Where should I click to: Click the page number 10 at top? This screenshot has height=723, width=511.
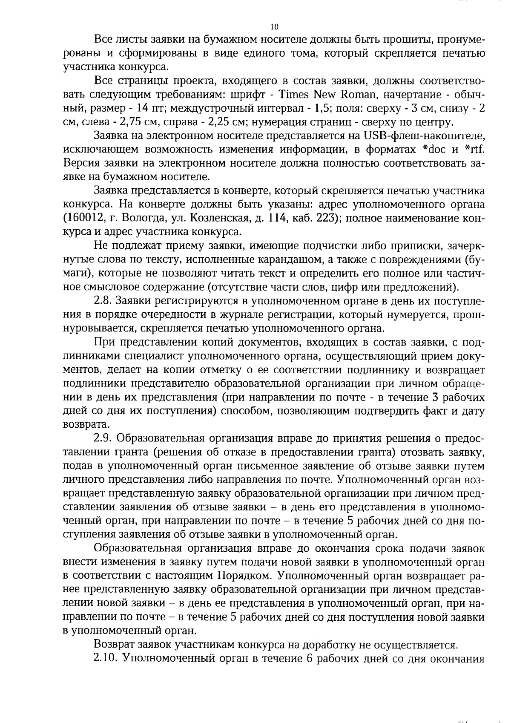(274, 27)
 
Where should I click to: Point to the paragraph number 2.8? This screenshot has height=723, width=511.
(102, 301)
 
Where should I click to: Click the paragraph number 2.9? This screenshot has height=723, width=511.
(102, 438)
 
